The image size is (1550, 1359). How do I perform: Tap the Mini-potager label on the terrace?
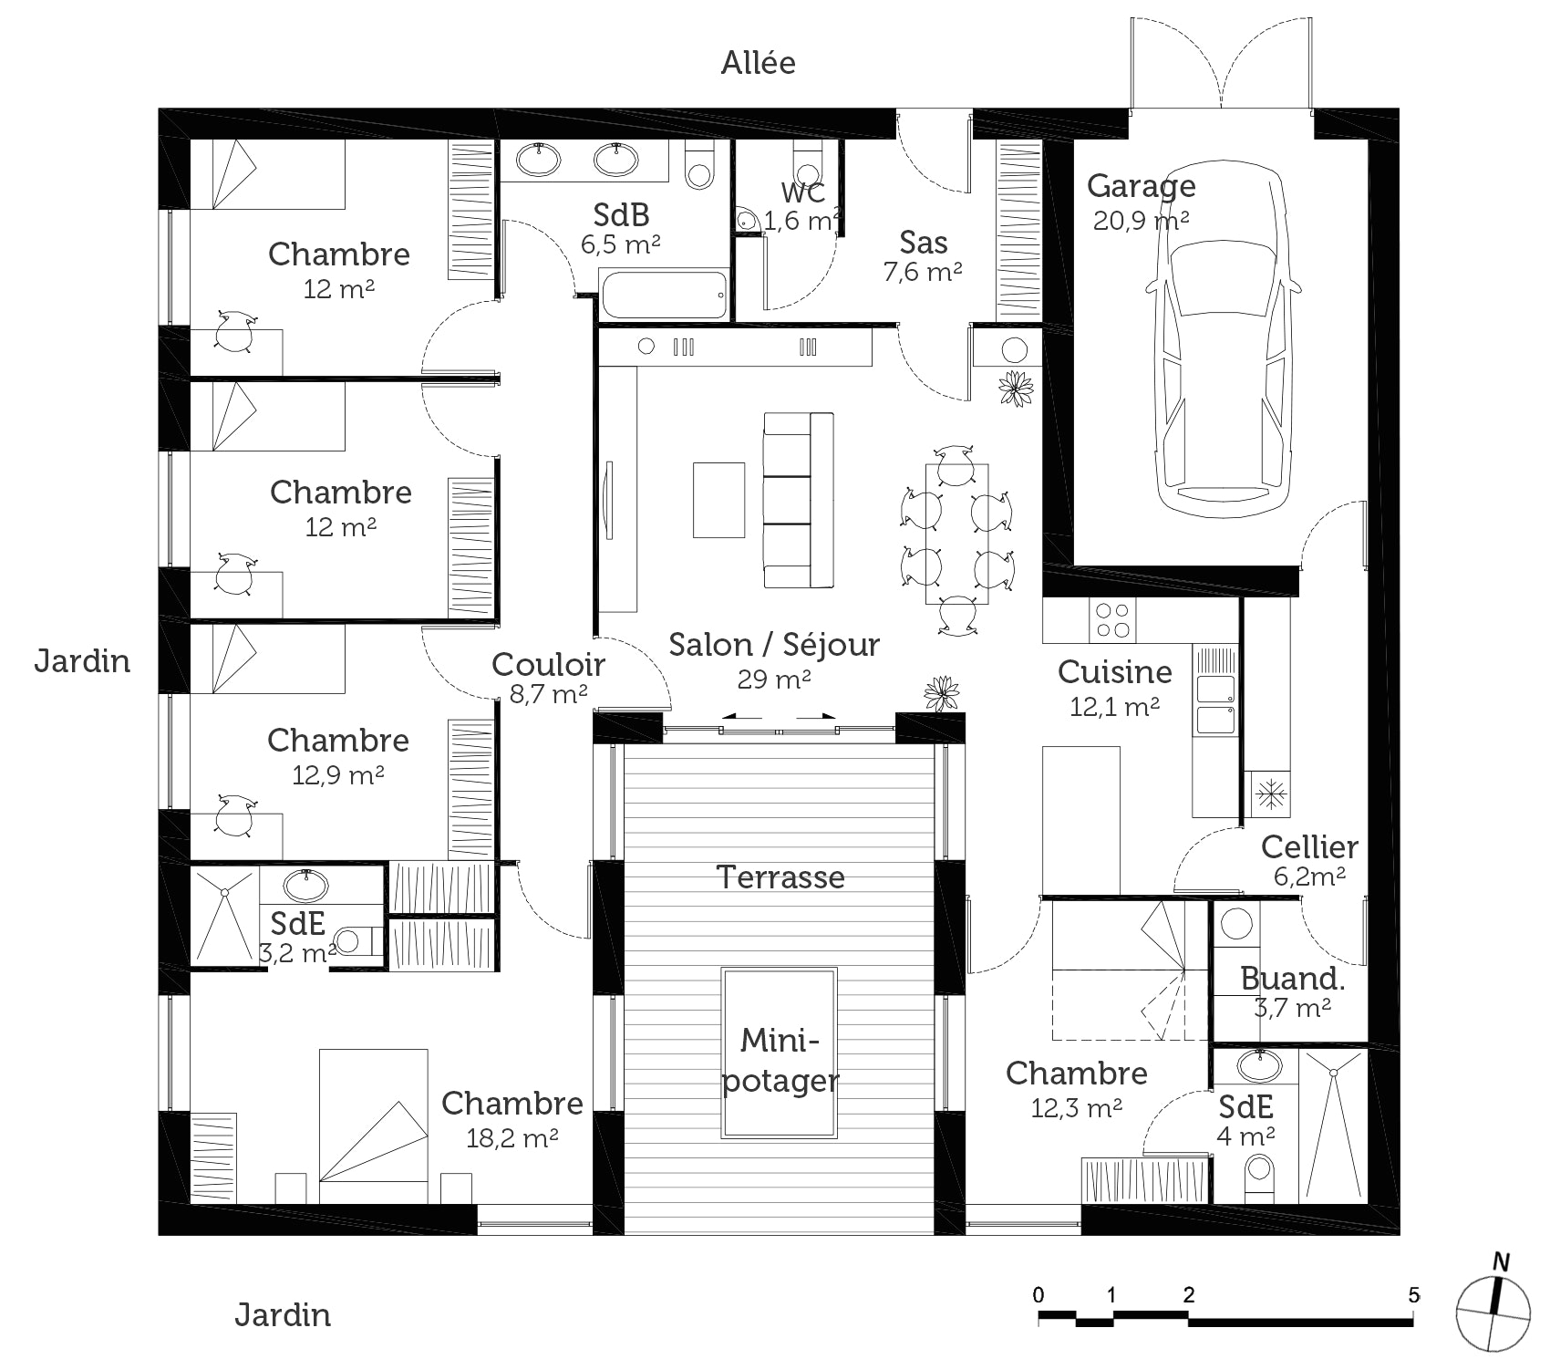click(780, 1060)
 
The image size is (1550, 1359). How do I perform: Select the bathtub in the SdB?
click(664, 294)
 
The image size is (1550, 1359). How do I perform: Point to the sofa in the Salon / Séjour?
click(798, 500)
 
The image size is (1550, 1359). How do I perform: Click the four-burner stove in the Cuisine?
click(1112, 619)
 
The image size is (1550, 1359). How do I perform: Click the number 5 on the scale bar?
click(1413, 1294)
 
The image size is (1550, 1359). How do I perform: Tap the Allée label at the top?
click(758, 63)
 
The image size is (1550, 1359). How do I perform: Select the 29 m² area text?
click(774, 679)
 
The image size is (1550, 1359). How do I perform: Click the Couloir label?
click(548, 664)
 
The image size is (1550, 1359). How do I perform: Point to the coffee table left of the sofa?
click(718, 500)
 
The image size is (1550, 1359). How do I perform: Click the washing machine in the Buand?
click(1236, 923)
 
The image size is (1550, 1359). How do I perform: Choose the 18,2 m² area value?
click(512, 1137)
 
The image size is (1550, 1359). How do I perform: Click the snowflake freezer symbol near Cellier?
click(1269, 792)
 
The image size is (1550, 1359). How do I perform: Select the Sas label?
click(923, 242)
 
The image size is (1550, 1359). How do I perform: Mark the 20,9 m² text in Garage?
click(1141, 220)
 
